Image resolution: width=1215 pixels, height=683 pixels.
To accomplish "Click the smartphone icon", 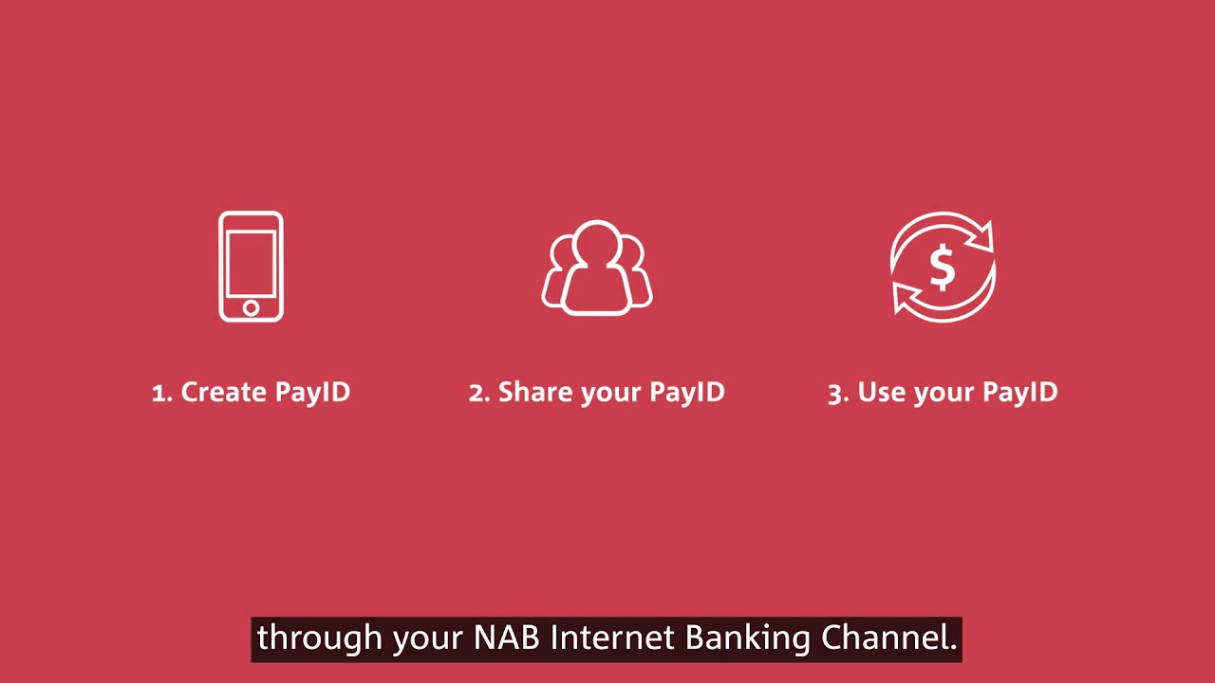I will tap(251, 267).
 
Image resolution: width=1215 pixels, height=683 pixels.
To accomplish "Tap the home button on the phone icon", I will tap(251, 308).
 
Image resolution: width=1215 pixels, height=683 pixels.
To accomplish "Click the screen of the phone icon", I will tap(251, 261).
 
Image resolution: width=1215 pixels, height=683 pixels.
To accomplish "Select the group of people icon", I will tap(597, 268).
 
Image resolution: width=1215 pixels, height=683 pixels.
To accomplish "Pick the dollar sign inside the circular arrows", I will tap(942, 268).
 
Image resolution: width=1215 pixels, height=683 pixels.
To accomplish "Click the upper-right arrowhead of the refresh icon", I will tap(981, 233).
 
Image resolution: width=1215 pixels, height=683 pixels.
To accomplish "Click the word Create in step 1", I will tap(224, 392).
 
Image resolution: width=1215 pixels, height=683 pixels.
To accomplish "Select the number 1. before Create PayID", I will tap(162, 393).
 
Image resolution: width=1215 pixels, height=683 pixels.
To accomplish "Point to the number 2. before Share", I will tap(479, 393).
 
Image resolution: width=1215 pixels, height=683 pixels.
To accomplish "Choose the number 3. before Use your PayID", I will tap(838, 393).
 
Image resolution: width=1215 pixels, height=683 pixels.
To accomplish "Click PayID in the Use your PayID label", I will tap(1019, 392).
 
